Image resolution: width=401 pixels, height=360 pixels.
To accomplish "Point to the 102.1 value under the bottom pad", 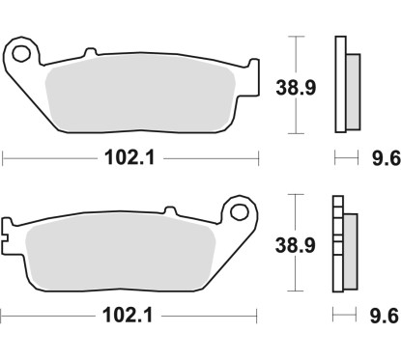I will click(130, 315).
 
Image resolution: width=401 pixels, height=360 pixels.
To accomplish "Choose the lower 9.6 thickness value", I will click(378, 315).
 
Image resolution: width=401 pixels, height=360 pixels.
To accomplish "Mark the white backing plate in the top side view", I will click(339, 84).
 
